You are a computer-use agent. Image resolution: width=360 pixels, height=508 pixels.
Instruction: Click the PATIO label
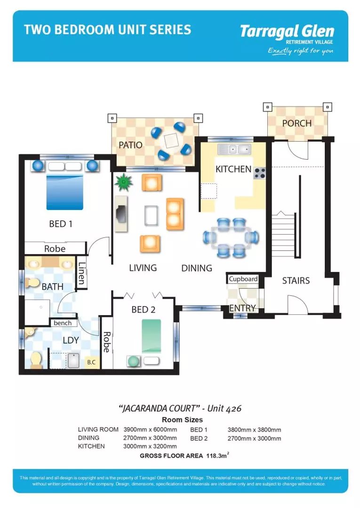pos(130,145)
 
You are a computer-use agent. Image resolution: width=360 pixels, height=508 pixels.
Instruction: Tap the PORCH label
pos(296,123)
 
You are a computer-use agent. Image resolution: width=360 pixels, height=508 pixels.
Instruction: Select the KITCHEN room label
pos(233,169)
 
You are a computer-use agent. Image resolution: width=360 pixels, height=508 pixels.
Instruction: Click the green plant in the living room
pos(124,182)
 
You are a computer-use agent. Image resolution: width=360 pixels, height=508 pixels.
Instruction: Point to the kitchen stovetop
pos(259,173)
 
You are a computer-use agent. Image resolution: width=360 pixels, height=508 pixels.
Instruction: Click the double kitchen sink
pos(234,150)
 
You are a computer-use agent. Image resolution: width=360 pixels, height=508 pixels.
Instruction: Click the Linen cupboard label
pos(82,273)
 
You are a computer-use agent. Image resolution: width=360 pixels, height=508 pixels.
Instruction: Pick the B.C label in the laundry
pos(91,363)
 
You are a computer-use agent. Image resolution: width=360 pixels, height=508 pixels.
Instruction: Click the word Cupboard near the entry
pos(243,279)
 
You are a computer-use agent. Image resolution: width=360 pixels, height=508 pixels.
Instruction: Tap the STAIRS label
pos(296,281)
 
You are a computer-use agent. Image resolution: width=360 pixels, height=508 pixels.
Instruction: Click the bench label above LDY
pos(63,323)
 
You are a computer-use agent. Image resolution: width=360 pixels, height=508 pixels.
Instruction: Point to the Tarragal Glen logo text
pos(287,32)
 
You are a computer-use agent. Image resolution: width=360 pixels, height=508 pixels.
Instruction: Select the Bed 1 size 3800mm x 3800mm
pos(254,429)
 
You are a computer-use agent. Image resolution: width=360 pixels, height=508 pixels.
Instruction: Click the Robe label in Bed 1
pos(55,248)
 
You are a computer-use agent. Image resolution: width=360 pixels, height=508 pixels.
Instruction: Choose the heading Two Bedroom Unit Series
pos(108,30)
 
